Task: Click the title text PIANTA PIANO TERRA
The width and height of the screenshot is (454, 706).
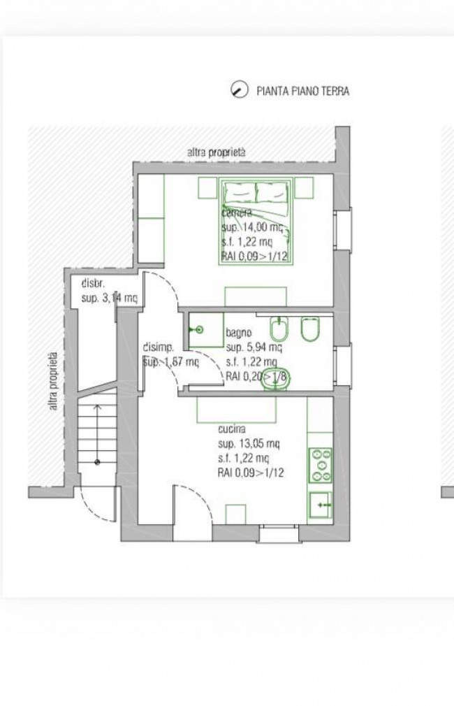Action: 302,91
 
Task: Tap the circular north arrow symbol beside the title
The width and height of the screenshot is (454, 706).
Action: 239,90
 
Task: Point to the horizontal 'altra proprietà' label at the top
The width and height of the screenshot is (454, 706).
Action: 217,152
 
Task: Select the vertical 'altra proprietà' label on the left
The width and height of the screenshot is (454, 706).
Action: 54,380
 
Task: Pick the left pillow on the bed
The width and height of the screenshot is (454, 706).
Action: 239,191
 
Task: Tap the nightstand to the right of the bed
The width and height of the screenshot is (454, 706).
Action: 304,187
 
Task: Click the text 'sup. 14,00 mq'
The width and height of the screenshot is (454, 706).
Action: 254,227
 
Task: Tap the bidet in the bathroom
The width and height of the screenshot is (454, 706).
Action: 277,329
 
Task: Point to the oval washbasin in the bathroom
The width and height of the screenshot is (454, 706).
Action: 281,377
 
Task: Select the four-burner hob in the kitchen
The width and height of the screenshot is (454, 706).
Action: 320,464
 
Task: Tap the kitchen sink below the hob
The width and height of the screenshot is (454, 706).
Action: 320,502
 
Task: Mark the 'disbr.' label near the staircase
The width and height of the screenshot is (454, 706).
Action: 93,284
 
